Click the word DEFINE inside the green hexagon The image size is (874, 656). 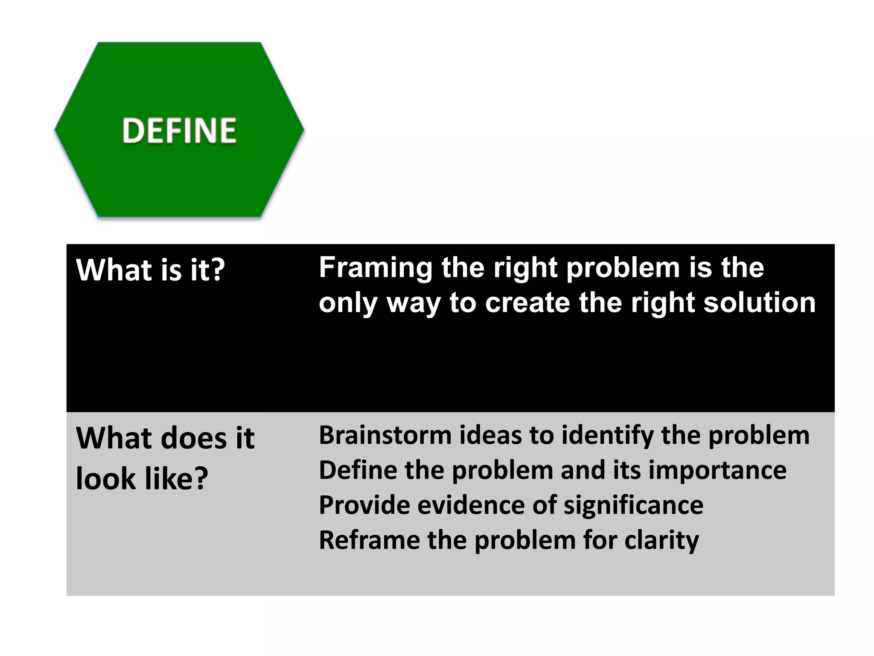tap(179, 131)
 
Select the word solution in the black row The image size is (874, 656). tap(759, 303)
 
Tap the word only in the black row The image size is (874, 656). tap(348, 304)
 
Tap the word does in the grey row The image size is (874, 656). tap(195, 439)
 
